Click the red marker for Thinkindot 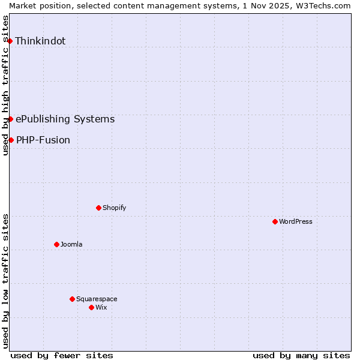(10, 41)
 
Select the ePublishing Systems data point (10, 119)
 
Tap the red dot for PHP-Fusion (11, 140)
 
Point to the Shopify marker (98, 208)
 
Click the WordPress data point (275, 221)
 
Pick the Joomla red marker (56, 244)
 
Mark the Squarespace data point (72, 299)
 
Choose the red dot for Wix (91, 307)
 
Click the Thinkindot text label (40, 41)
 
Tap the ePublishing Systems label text (65, 119)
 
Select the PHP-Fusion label (43, 140)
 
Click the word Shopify (114, 208)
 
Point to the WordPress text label (296, 222)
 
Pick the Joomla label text (71, 245)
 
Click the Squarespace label (97, 299)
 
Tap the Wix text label (101, 308)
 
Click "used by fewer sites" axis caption (62, 356)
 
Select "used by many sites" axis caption (301, 356)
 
